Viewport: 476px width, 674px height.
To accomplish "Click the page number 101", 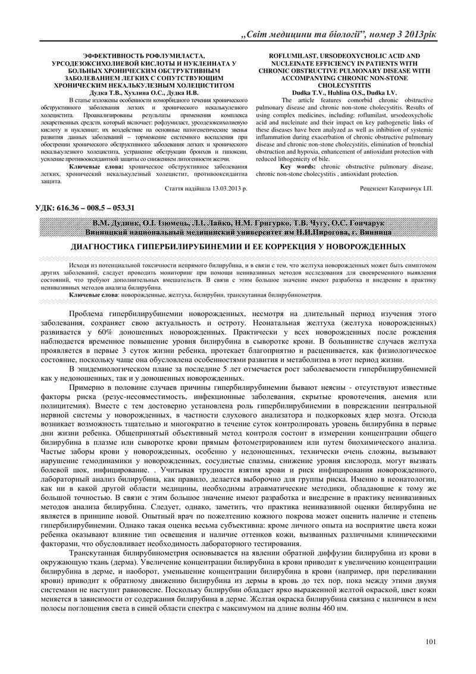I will tap(431, 641).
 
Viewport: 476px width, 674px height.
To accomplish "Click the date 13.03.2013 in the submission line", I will tap(224, 188).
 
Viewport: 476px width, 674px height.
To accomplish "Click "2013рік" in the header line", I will tap(417, 34).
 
